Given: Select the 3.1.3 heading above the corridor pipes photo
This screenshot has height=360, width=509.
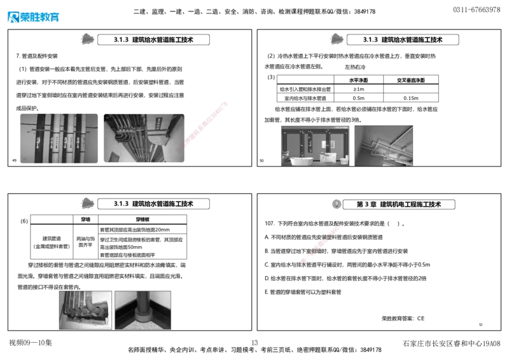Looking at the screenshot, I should (153, 39).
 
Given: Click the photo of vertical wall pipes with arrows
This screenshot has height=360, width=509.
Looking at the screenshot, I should (58, 138).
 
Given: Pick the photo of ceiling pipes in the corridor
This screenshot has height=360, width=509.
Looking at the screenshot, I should (144, 137).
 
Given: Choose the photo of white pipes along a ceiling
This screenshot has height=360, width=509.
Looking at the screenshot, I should (384, 146).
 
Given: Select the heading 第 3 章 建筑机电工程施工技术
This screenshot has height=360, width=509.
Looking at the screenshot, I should (398, 204).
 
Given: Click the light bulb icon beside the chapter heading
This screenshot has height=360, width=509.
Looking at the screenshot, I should (335, 204).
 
